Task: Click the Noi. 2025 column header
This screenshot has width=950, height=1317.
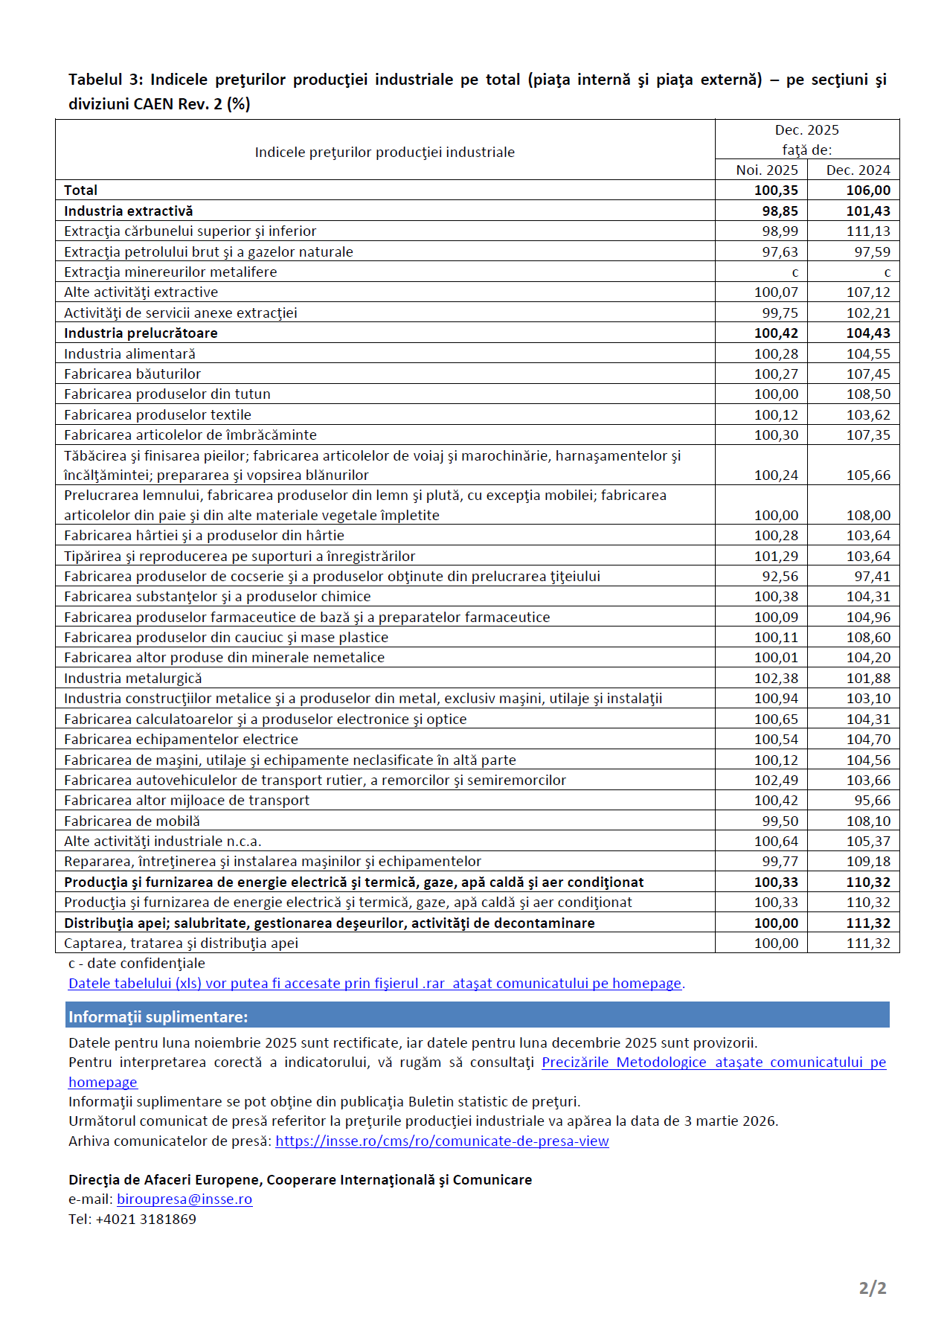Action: tap(766, 170)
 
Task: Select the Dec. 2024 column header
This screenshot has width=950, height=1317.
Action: tap(858, 170)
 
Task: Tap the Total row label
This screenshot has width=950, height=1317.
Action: tap(80, 190)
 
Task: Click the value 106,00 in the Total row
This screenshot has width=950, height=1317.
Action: tap(867, 190)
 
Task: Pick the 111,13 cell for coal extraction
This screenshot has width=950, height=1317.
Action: tap(867, 231)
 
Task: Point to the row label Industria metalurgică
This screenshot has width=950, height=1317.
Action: tap(132, 679)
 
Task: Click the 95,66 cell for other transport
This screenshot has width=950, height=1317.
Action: tap(872, 801)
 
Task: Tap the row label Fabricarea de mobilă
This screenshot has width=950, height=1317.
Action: tap(132, 821)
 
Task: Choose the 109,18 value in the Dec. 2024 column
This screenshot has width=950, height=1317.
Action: tap(867, 862)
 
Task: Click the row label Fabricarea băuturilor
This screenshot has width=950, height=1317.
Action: tap(132, 374)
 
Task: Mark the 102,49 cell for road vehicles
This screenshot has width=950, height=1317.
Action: tap(776, 781)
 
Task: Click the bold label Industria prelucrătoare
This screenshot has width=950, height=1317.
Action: tap(141, 333)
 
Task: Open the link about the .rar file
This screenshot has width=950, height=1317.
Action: tap(375, 984)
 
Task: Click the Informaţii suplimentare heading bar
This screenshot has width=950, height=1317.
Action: tap(477, 1016)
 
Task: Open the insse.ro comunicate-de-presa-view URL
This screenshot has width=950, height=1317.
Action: tap(442, 1141)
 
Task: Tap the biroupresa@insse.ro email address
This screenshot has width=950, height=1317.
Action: tap(184, 1199)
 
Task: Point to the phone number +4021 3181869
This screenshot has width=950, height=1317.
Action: tap(146, 1220)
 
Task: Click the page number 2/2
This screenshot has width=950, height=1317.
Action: tap(872, 1288)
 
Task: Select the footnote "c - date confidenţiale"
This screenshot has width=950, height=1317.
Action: tap(136, 964)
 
